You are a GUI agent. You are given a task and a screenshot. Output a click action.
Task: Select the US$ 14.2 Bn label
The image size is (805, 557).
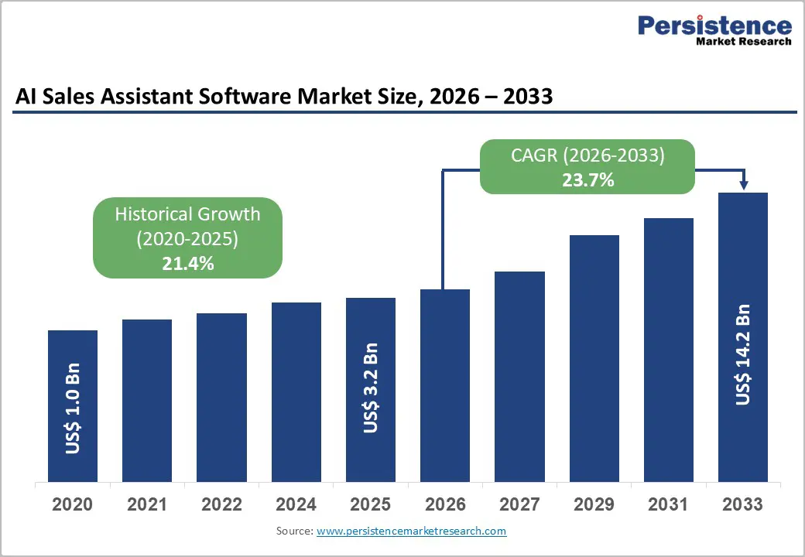[743, 354]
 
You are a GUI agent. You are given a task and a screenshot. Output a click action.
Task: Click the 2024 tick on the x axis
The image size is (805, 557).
[296, 504]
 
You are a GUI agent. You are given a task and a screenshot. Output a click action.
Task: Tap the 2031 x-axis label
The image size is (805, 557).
[668, 504]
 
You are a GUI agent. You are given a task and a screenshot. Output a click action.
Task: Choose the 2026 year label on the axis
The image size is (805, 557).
[445, 504]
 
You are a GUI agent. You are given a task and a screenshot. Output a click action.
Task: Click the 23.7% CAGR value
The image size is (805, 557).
[587, 180]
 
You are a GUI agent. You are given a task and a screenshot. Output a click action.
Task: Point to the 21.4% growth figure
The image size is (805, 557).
[187, 263]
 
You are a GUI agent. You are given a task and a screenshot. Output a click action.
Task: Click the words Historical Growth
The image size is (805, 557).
[187, 214]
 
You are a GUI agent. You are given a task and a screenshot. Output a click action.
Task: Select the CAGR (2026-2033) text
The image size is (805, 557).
[587, 155]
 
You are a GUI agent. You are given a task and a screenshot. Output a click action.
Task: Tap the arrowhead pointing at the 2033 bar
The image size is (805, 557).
[744, 185]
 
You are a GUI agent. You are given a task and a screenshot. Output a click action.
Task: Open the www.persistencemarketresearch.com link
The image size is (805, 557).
[411, 531]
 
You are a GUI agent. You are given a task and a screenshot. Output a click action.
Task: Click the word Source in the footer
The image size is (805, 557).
[293, 531]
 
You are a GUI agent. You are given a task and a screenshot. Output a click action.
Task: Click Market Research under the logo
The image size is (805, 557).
[743, 42]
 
